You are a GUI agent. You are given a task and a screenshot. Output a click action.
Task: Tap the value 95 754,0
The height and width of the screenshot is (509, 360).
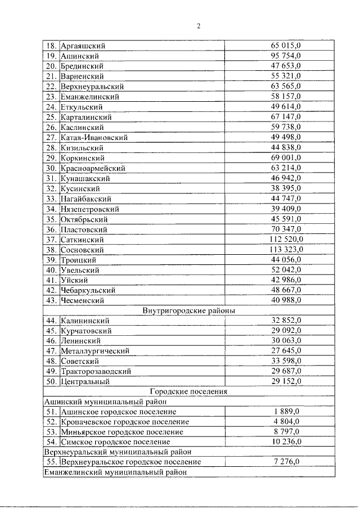(x=286, y=56)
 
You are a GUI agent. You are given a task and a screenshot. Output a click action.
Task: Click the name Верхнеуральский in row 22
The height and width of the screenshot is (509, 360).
(x=92, y=87)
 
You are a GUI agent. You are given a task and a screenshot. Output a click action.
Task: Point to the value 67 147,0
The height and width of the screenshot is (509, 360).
(x=286, y=117)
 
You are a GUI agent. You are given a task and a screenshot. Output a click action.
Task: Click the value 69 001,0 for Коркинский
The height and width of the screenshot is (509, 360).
(x=286, y=158)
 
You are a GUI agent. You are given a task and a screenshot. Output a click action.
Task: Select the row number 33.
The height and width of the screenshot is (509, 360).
(x=51, y=199)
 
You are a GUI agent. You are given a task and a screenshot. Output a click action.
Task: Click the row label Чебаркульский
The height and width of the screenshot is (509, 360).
(x=88, y=290)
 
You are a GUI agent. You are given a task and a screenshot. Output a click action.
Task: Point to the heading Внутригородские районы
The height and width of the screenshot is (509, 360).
(x=188, y=310)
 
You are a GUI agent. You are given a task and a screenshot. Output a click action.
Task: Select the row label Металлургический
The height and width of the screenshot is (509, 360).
(x=95, y=351)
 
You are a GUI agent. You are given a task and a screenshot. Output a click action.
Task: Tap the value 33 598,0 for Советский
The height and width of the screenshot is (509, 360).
(x=286, y=361)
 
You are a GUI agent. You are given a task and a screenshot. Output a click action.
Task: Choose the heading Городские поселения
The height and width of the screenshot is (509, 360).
(x=188, y=391)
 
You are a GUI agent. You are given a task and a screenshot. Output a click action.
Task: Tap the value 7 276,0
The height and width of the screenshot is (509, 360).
(x=286, y=462)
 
